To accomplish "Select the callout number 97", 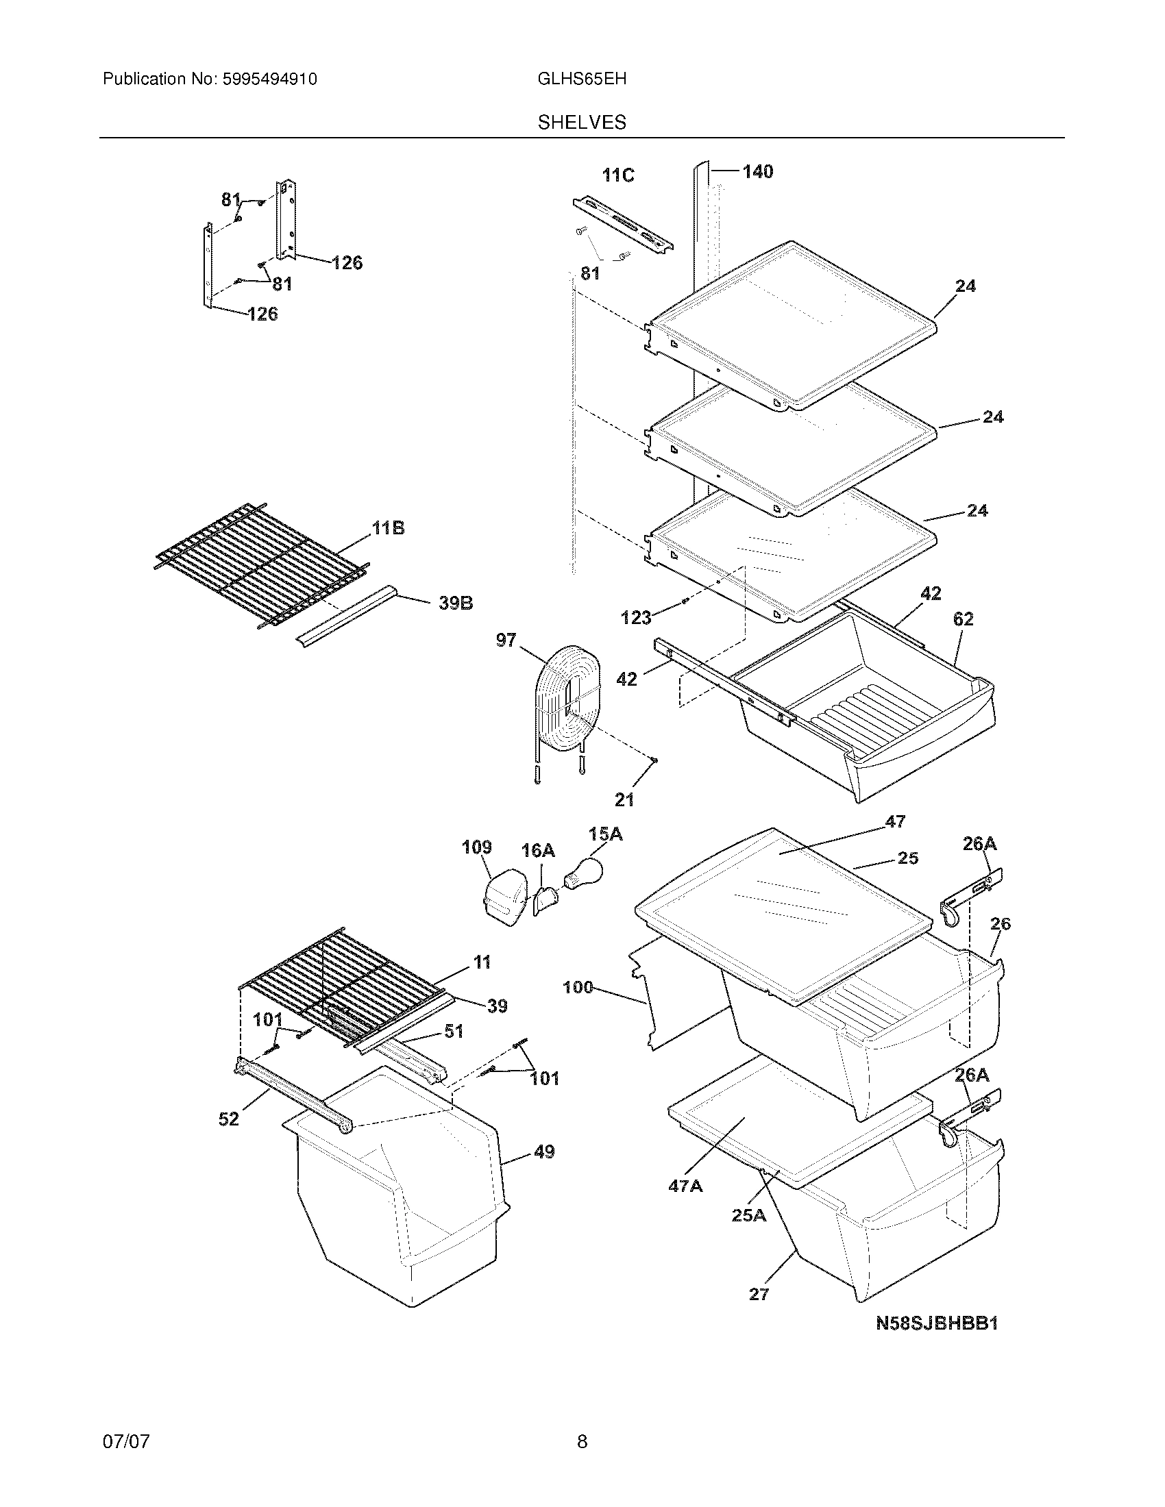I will pyautogui.click(x=506, y=640).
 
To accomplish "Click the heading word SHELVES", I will pyautogui.click(x=582, y=123).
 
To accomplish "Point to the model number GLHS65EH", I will pyautogui.click(x=582, y=79).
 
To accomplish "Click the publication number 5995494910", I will pyautogui.click(x=269, y=79).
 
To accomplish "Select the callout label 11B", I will pyautogui.click(x=388, y=529).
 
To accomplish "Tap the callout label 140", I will pyautogui.click(x=757, y=172).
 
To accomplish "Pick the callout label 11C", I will pyautogui.click(x=617, y=175).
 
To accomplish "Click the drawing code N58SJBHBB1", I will pyautogui.click(x=937, y=1323).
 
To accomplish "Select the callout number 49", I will pyautogui.click(x=544, y=1151).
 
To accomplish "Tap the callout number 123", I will pyautogui.click(x=636, y=617).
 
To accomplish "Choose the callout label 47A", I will pyautogui.click(x=685, y=1186).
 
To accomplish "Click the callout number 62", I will pyautogui.click(x=963, y=619).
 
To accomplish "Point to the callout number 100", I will pyautogui.click(x=578, y=987).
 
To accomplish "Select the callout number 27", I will pyautogui.click(x=759, y=1294).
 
